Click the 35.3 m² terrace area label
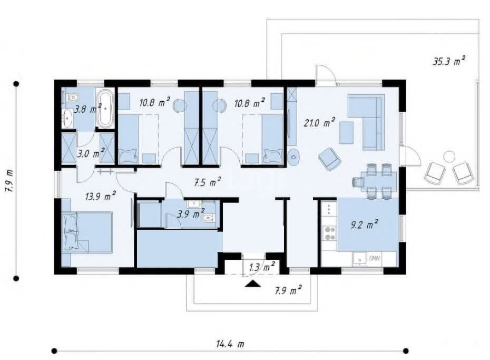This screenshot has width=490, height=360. [448, 61]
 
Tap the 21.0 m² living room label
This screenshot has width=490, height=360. [319, 122]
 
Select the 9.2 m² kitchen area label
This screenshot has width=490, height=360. [364, 224]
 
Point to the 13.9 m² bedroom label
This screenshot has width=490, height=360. [100, 196]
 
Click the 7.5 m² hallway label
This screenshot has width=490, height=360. [207, 182]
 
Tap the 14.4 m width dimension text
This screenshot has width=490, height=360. [230, 344]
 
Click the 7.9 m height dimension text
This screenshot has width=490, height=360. [9, 181]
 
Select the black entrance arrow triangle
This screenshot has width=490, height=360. [253, 284]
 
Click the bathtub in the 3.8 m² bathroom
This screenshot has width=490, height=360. [105, 109]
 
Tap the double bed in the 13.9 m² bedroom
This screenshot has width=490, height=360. [87, 232]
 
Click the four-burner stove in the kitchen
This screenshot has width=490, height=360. [330, 233]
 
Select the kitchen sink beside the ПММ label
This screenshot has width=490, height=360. [360, 259]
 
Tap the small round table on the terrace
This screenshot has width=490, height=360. [449, 156]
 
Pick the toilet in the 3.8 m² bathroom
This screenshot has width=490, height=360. [71, 98]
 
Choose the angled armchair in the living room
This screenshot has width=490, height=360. [330, 159]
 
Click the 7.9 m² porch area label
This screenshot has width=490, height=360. [288, 290]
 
